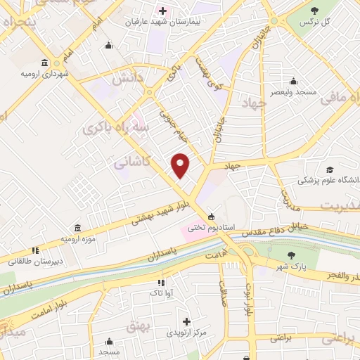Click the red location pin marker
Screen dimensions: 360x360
point(181,165)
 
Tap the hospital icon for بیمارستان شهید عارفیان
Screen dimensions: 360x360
point(163,11)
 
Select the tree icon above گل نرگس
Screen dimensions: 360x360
point(314,11)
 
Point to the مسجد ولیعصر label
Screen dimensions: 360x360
point(296,92)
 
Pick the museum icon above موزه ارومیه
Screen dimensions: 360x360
point(77,228)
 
